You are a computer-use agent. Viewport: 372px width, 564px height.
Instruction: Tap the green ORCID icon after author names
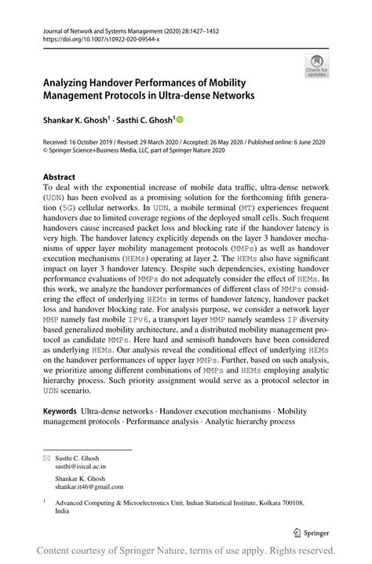179,120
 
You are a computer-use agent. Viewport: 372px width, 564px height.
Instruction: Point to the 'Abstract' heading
60,177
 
